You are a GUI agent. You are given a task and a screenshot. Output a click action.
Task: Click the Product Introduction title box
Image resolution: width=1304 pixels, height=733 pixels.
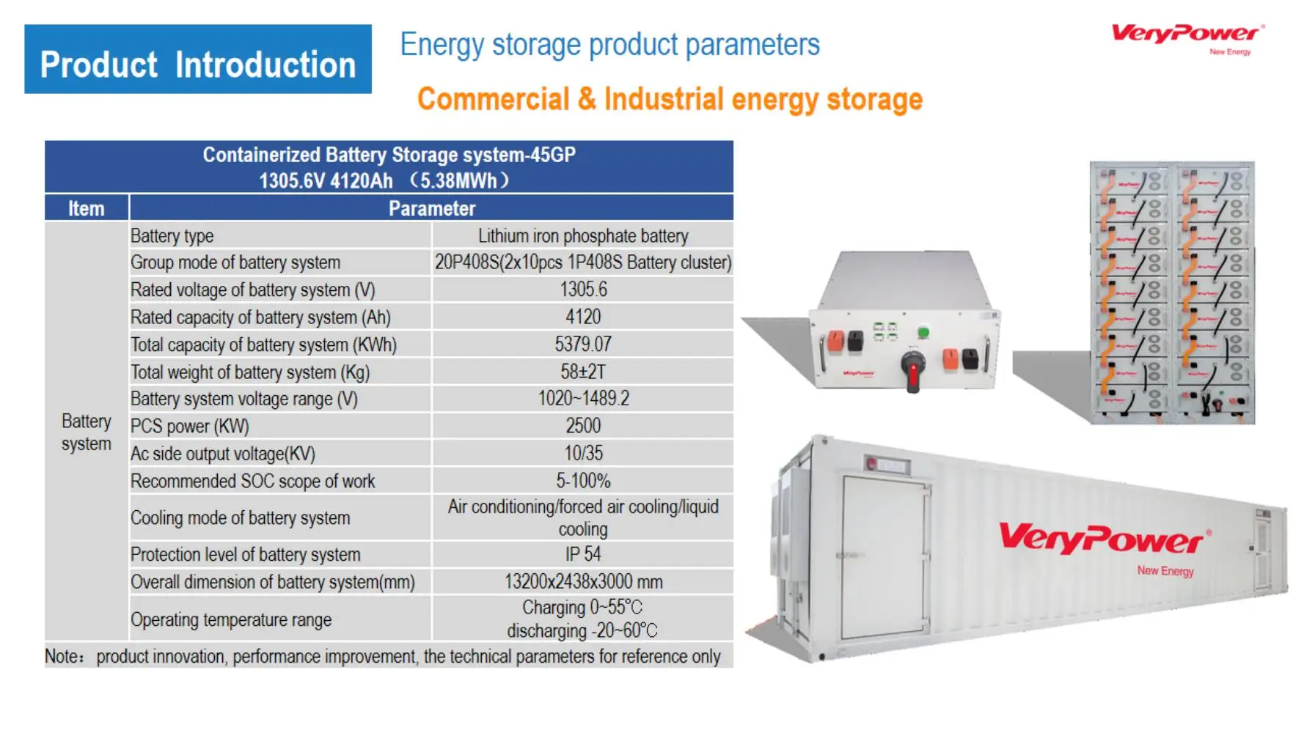pos(198,59)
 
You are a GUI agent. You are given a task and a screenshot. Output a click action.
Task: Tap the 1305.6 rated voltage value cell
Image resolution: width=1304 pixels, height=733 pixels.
pos(583,290)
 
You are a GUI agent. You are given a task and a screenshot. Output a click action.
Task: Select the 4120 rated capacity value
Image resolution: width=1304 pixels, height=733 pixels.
pos(583,317)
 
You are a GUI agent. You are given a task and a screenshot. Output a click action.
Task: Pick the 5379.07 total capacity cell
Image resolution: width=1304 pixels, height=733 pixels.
pos(583,344)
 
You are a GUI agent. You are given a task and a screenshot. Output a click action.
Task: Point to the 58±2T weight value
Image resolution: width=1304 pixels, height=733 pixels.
pos(583,372)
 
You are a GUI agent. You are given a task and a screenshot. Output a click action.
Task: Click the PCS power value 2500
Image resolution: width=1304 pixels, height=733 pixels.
pos(583,426)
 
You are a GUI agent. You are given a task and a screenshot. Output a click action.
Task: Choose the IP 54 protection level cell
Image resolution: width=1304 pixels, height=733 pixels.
pos(583,554)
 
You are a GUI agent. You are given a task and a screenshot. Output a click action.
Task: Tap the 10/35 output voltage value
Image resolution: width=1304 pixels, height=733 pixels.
pos(583,453)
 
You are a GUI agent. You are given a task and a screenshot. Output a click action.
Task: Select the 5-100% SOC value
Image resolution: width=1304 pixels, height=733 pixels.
pos(583,481)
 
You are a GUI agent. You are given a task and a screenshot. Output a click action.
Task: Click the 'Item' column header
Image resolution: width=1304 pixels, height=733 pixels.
pos(87,208)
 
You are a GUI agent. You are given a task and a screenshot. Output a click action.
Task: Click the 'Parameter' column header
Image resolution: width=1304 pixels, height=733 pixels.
pos(432,208)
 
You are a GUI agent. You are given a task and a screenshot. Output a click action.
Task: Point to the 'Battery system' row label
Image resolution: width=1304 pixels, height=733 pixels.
pos(87,432)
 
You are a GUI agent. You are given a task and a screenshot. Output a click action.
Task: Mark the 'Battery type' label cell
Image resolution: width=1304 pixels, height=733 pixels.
pos(172,236)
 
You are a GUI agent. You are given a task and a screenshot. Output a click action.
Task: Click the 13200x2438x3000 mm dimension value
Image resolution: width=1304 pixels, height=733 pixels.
pos(583,581)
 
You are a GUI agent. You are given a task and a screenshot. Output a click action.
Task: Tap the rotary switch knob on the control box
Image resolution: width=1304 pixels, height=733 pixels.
pos(913,366)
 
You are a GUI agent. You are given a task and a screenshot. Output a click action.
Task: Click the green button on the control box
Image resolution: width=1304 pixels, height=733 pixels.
pos(923,333)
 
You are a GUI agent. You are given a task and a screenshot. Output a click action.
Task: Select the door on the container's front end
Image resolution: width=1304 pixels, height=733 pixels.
pos(884,557)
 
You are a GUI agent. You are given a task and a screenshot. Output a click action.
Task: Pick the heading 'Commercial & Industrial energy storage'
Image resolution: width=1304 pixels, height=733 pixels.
pos(670,100)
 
